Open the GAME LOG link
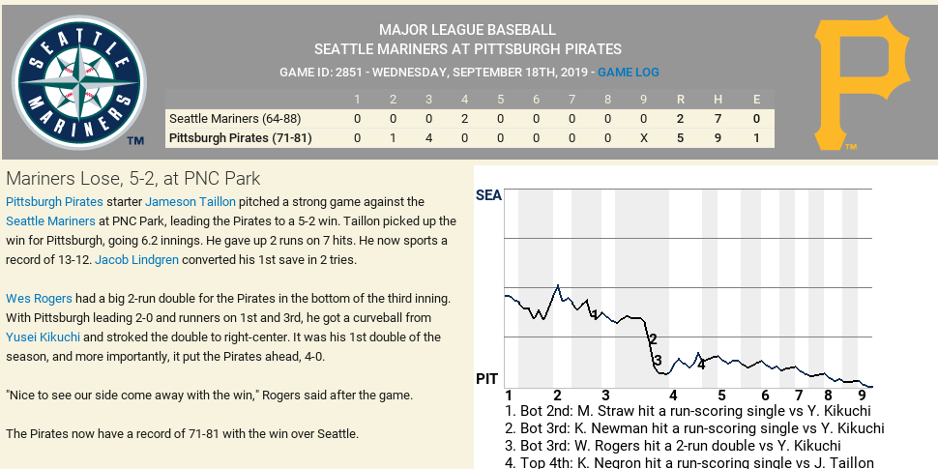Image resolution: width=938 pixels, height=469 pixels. pos(629,73)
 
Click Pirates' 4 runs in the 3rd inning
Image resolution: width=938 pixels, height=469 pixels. pos(428,138)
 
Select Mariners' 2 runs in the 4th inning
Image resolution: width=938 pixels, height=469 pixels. pos(464,119)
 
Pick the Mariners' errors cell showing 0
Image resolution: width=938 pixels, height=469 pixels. pos(756,119)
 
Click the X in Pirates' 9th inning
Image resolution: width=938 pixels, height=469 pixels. pos(643,138)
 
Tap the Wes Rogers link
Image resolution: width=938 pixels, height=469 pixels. pos(39,299)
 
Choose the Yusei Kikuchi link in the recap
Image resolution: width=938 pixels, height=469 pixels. pos(43,337)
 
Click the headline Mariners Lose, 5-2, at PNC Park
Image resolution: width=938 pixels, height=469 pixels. pos(133,179)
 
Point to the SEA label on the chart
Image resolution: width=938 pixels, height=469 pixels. pos(488,196)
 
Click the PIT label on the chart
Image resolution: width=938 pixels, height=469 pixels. pos(487,379)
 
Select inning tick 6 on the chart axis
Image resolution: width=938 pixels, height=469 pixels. pos(765,396)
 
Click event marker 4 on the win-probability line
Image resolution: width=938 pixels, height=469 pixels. pos(701,365)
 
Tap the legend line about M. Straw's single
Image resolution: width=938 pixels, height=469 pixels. pos(688,411)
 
